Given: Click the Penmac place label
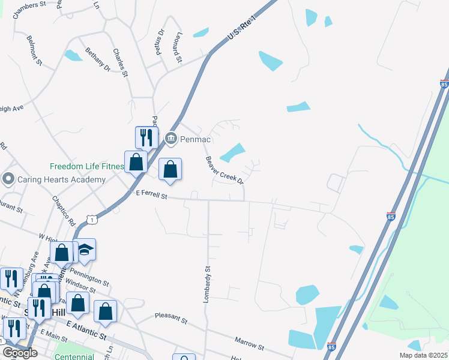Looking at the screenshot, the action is click(194, 139).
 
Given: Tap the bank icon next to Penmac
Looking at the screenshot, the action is click(171, 139).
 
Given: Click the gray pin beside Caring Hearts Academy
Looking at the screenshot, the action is click(8, 179).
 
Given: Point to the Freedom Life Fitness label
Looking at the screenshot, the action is click(86, 166).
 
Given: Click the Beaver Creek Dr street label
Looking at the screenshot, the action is click(224, 170).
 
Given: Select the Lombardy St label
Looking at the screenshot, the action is click(208, 284).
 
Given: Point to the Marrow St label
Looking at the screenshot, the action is click(249, 343).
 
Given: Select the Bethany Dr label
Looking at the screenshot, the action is click(97, 60).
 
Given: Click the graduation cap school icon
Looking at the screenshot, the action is click(85, 251).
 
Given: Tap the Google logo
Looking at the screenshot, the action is click(20, 353).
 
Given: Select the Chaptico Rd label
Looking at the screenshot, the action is click(64, 208).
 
